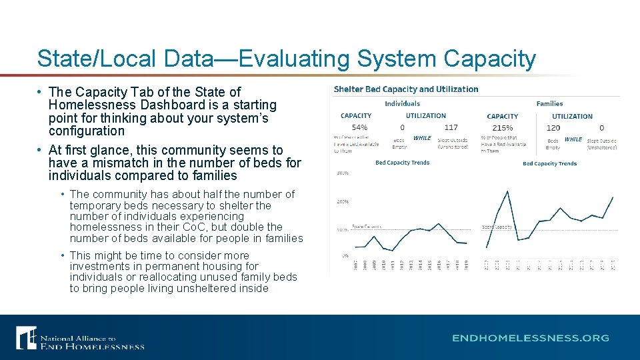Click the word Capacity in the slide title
[x=489, y=59]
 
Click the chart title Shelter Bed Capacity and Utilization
[x=405, y=89]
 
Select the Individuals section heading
[x=402, y=103]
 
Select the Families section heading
[x=549, y=103]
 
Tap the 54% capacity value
[x=359, y=127]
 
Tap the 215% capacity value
[x=502, y=127]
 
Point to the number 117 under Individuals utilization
[x=451, y=127]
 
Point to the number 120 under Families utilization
[x=553, y=127]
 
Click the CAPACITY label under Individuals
[x=356, y=116]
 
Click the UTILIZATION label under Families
[x=572, y=116]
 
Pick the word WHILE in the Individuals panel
[x=422, y=138]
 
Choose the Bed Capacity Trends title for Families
[x=549, y=163]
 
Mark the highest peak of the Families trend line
[x=507, y=191]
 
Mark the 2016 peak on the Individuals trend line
[x=438, y=223]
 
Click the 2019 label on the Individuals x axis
[x=466, y=265]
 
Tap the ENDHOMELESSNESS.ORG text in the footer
[x=530, y=338]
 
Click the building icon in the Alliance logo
[x=26, y=337]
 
